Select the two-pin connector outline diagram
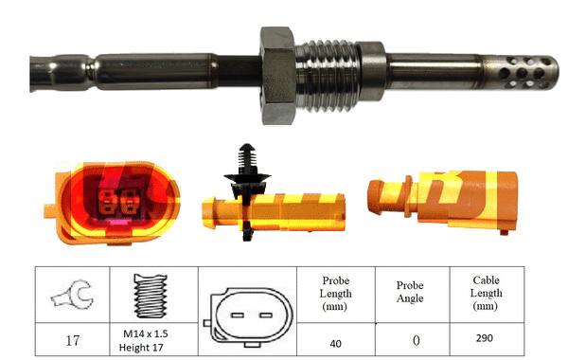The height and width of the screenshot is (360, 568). [x=246, y=313]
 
